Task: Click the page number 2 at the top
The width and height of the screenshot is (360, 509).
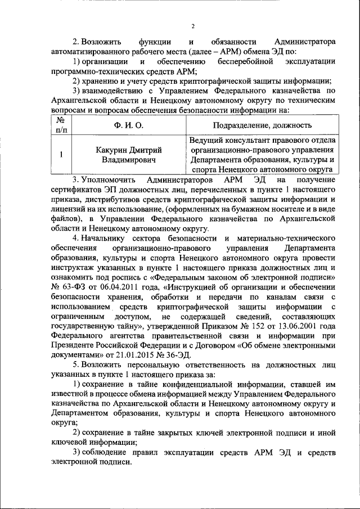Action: coord(192,26)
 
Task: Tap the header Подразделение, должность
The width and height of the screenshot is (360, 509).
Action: coord(263,125)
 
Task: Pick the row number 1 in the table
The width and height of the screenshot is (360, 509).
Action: coord(61,155)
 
